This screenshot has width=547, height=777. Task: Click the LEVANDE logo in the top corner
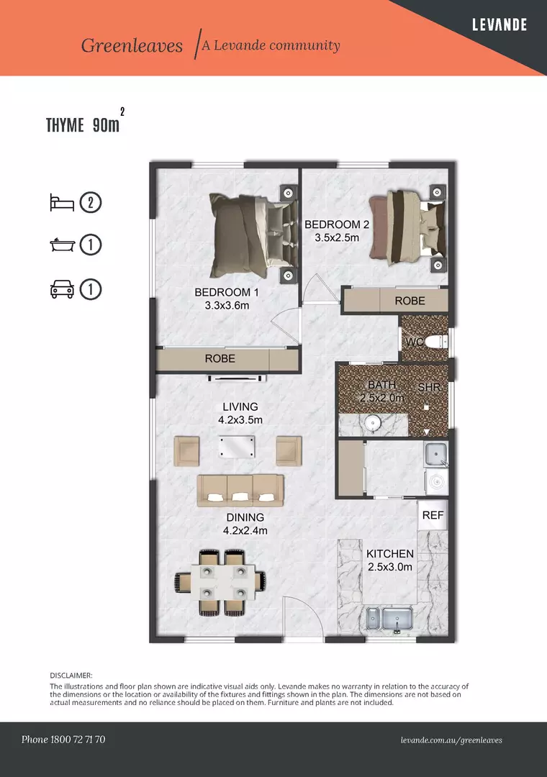tap(499, 24)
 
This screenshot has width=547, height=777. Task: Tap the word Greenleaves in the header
tap(132, 46)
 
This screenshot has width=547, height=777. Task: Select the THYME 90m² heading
tap(83, 125)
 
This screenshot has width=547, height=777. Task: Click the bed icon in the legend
tap(62, 202)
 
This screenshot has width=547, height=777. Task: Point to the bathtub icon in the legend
tap(62, 245)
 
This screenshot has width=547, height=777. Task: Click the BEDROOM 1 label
tap(226, 293)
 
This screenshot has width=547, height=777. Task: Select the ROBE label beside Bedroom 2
tap(410, 301)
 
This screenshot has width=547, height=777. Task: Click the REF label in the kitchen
tap(433, 515)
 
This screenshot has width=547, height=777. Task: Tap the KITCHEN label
tap(390, 554)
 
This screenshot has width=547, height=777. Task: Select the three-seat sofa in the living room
tap(241, 489)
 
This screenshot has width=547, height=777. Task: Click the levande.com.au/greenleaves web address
tap(451, 740)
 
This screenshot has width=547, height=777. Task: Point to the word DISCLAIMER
tap(71, 676)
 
